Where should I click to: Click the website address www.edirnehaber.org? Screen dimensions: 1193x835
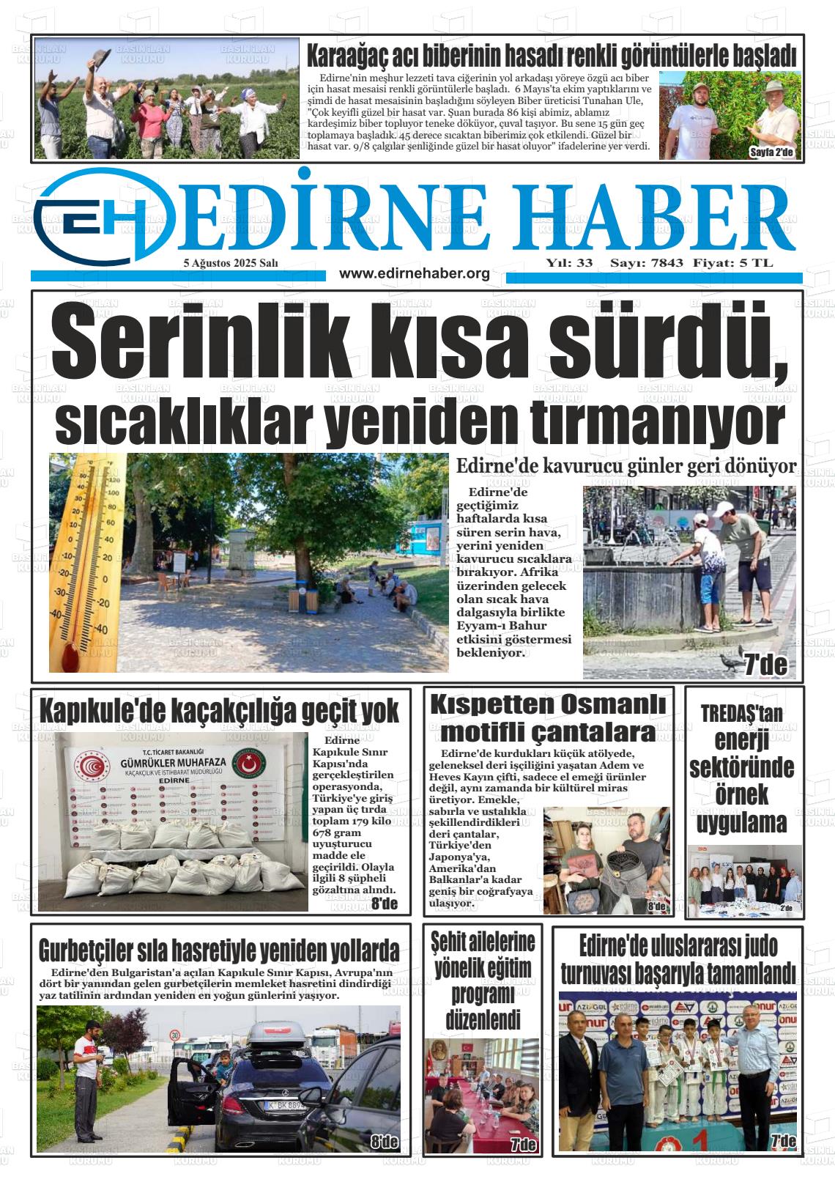point(415,273)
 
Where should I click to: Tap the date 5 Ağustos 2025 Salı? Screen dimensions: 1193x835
point(231,263)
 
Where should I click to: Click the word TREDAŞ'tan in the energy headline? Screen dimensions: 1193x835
point(741,713)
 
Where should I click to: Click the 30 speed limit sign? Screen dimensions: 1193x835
point(175,1035)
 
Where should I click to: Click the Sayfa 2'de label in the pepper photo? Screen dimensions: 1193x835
point(776,152)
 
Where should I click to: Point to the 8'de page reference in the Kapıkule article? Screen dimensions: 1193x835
point(384,903)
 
